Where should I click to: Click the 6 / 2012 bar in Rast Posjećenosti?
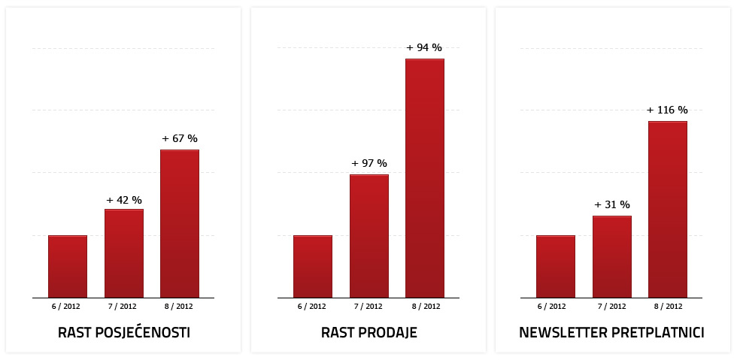(x=68, y=267)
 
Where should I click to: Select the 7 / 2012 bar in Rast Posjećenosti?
(x=124, y=253)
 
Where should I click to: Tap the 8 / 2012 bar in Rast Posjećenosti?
(x=180, y=224)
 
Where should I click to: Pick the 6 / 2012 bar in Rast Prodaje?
(x=313, y=267)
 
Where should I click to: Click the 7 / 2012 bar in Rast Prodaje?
(x=369, y=236)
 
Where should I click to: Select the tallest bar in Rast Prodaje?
(x=425, y=178)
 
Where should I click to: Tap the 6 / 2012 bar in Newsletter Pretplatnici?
(x=556, y=267)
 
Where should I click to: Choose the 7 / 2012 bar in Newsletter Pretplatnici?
(x=612, y=257)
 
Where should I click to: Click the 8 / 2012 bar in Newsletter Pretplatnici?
(x=668, y=210)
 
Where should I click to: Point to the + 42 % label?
(x=124, y=200)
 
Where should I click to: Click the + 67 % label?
(x=180, y=139)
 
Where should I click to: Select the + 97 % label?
(x=369, y=164)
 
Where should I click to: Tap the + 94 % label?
(x=424, y=48)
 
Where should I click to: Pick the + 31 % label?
(x=612, y=204)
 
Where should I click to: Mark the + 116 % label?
(x=667, y=110)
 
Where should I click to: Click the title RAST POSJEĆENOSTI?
(x=124, y=333)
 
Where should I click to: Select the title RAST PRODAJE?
(x=369, y=333)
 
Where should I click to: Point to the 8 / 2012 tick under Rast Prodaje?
(x=425, y=307)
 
